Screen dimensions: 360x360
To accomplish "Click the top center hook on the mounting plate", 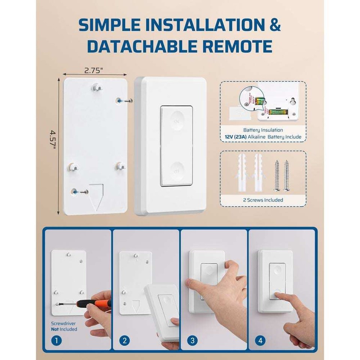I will (x=97, y=88).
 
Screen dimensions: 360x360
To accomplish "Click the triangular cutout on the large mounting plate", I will (x=97, y=196).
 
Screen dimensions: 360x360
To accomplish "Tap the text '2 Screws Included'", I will (x=262, y=200).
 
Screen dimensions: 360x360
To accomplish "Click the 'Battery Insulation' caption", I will (x=262, y=130).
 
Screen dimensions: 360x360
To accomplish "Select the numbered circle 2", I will (x=124, y=340).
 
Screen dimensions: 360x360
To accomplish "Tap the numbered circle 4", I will (x=260, y=340).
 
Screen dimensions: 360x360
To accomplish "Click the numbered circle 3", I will (x=192, y=340).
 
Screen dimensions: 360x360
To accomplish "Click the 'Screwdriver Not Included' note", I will (x=64, y=326).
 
